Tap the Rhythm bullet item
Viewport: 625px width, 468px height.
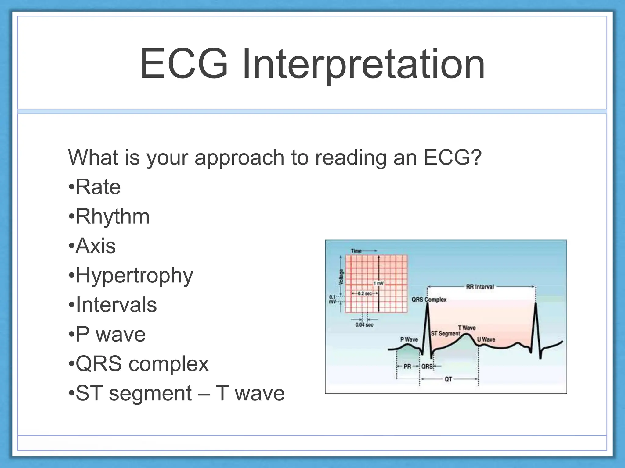pos(112,217)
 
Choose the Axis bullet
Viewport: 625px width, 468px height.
pos(96,246)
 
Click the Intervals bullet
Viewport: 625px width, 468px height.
pos(116,305)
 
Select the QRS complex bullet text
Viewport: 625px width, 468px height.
pos(142,364)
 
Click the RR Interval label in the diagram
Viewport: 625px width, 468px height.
pos(480,287)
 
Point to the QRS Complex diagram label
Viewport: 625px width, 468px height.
pos(429,300)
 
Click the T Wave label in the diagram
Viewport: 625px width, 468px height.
pos(467,328)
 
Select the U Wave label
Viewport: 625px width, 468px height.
pos(486,339)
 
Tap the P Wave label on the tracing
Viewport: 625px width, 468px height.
pos(409,339)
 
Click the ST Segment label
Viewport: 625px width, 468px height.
pos(445,334)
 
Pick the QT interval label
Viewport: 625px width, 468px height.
pos(448,379)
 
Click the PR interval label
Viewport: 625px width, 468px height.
pos(407,367)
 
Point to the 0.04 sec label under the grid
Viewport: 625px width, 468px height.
pos(364,325)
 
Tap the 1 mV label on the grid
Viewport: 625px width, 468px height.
pos(378,283)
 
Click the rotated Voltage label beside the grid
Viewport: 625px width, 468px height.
pos(341,277)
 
